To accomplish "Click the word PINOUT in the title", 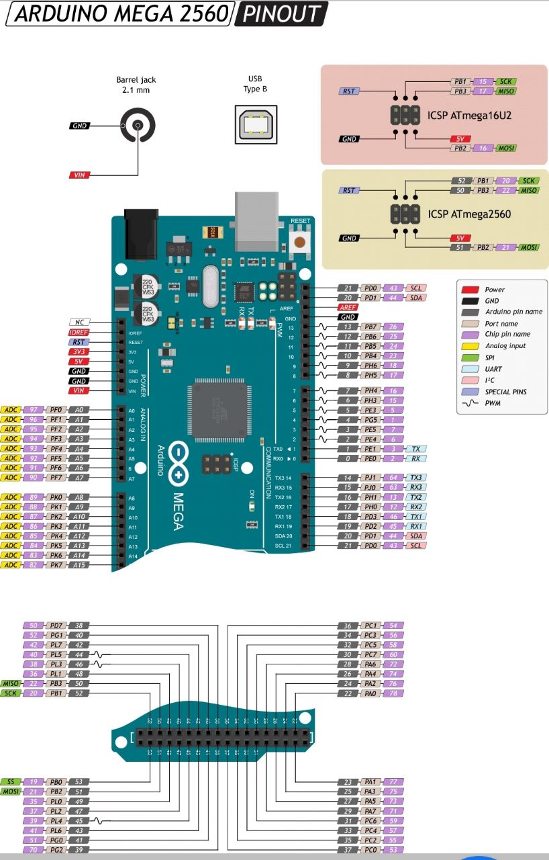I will point(282,14).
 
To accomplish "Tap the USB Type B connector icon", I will point(254,124).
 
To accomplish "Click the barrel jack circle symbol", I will point(138,126).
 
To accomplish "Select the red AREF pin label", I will point(348,307).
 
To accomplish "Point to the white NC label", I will point(79,322).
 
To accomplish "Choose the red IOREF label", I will point(79,332).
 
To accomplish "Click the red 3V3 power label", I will point(79,351).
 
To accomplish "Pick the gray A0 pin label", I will point(79,409).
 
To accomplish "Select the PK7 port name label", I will point(56,565).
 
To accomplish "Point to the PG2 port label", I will point(56,850).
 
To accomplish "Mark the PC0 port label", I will point(370,850).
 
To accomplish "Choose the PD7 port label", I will point(56,626).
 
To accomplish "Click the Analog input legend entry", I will point(505,346).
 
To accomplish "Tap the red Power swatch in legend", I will point(469,290).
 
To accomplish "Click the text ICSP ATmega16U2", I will point(470,115).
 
